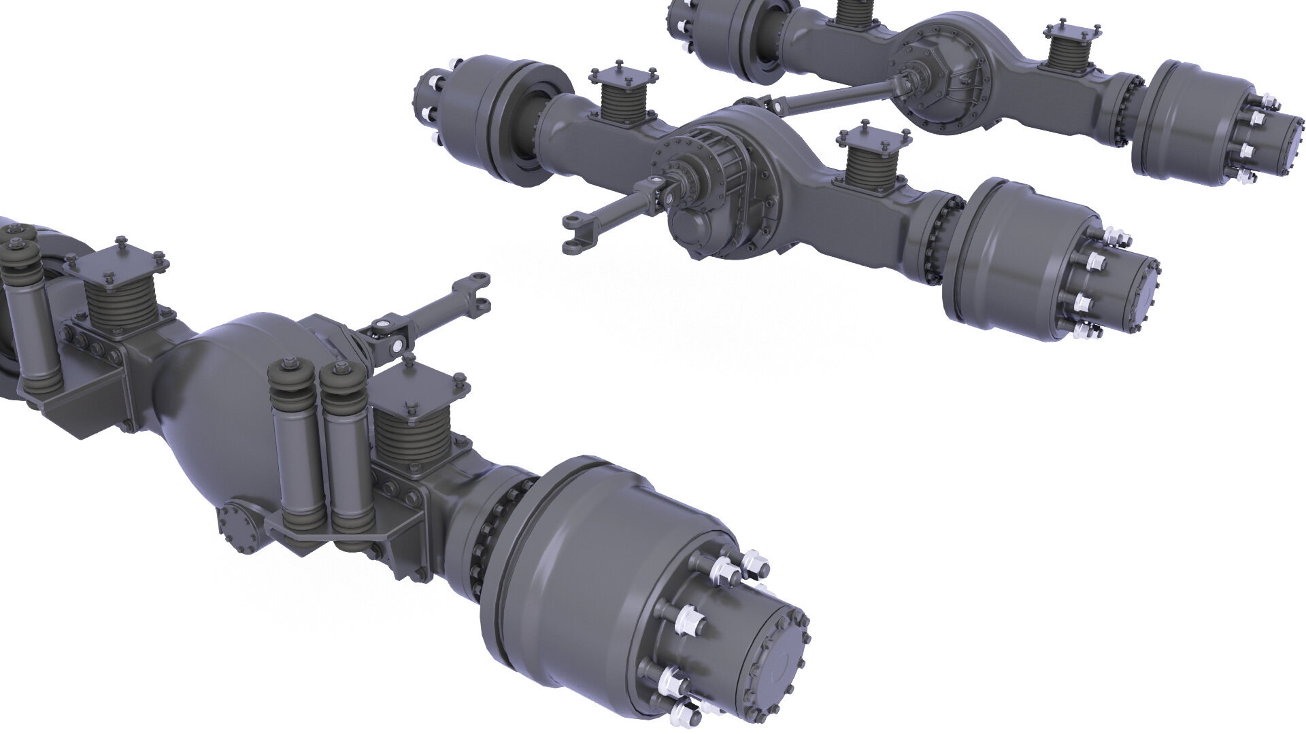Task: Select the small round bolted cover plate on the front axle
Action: (x=235, y=526)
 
